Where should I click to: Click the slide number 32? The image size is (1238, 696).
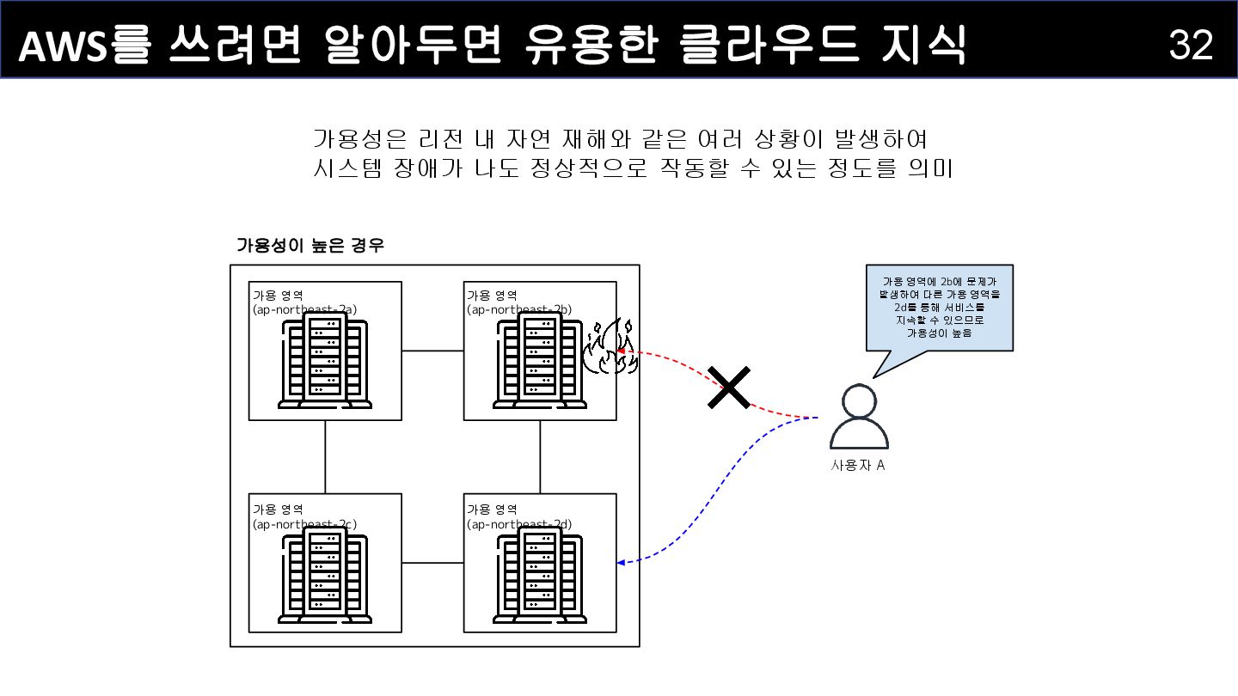[1191, 45]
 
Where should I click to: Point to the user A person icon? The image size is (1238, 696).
[859, 418]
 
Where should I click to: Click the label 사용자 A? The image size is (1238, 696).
[858, 466]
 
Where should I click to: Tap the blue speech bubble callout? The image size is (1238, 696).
[940, 308]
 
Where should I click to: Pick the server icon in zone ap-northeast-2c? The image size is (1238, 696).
[326, 574]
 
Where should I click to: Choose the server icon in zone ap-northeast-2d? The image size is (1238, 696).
[540, 574]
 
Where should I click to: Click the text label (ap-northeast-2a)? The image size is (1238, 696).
[304, 309]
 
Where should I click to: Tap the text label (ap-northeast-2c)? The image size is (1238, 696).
[304, 523]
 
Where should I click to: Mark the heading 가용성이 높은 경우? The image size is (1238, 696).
[310, 246]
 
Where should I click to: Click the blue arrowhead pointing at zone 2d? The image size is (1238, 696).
[622, 563]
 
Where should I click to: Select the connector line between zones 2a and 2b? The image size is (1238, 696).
[432, 351]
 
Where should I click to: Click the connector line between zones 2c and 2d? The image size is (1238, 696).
[432, 563]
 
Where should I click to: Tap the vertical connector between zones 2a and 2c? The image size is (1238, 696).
[326, 456]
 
